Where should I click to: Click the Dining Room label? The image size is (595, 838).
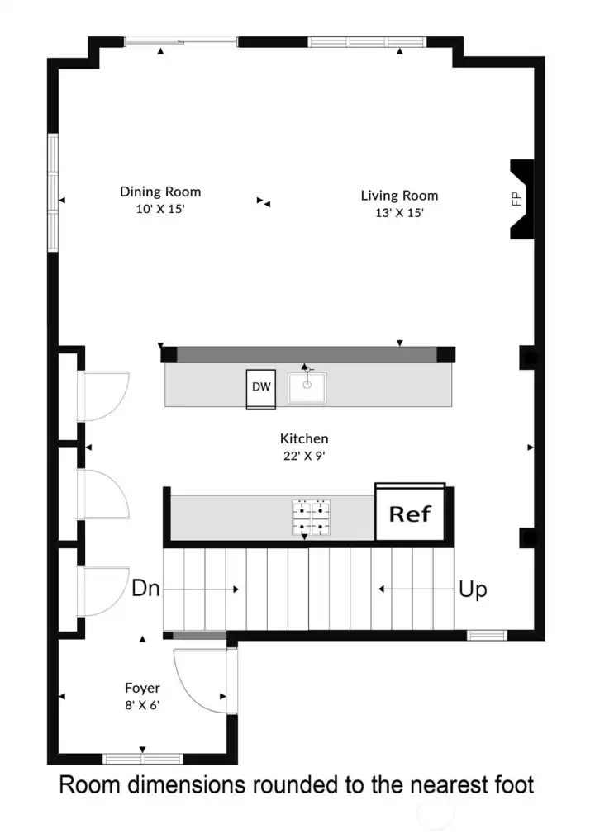pos(160,192)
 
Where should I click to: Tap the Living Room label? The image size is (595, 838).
pos(399,196)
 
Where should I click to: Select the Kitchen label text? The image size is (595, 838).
pos(304,439)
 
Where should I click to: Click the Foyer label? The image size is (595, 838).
pos(142,688)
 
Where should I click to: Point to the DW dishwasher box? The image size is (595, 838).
pos(261,387)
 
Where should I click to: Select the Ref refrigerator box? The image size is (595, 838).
pos(410,514)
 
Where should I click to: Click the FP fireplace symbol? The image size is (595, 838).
pos(518,199)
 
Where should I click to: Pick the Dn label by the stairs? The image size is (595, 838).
pos(145,589)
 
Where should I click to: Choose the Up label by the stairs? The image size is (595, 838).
pos(472,589)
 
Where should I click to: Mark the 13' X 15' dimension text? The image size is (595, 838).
pos(399,212)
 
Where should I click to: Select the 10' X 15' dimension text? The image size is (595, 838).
pos(160,209)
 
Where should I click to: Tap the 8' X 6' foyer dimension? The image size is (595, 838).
pos(142,704)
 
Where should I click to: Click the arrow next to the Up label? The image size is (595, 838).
pos(413,589)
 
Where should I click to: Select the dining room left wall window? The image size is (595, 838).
pos(53,192)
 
